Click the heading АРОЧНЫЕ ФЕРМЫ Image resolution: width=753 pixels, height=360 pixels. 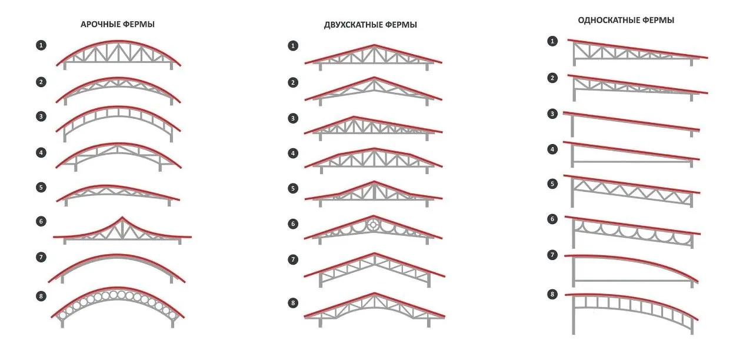(x=118, y=24)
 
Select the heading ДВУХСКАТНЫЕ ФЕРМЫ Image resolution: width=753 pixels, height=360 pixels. (x=371, y=25)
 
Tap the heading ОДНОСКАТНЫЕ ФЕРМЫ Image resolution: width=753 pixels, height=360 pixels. (x=626, y=20)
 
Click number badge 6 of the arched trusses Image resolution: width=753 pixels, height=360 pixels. (x=41, y=221)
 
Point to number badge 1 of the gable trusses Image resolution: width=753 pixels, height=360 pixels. (x=293, y=46)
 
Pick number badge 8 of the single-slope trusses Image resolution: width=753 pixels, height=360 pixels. (x=552, y=295)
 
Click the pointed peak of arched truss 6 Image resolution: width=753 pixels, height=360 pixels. (x=122, y=217)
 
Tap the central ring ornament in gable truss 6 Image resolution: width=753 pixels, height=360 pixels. (x=374, y=225)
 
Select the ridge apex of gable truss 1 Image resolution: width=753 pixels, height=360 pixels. (x=374, y=45)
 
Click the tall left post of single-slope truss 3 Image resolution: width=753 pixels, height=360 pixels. (x=572, y=125)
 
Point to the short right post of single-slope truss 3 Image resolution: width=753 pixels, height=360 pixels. (x=691, y=134)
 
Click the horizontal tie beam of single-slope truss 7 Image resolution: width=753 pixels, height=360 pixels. (x=632, y=281)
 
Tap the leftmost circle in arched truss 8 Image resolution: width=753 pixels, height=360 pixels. (x=62, y=316)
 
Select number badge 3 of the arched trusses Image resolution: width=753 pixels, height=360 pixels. (x=41, y=116)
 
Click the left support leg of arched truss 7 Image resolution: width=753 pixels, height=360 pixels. (x=62, y=278)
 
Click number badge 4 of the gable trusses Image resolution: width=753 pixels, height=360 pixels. (x=293, y=154)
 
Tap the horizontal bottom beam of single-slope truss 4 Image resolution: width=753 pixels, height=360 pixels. (x=632, y=162)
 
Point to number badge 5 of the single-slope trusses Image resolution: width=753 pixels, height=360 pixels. (x=552, y=184)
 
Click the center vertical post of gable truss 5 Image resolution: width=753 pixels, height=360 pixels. (x=374, y=192)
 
